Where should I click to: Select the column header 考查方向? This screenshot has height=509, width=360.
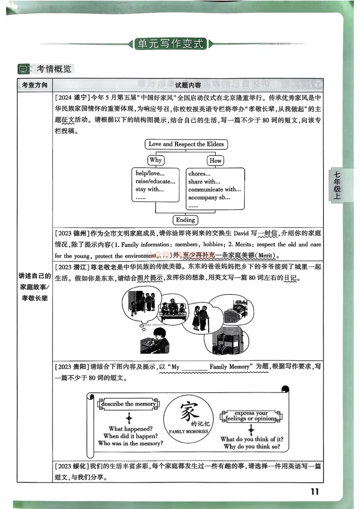point(34,85)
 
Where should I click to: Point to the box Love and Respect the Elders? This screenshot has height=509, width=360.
point(186,144)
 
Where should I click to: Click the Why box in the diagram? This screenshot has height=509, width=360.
point(155,160)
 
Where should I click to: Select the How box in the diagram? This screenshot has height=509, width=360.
point(216,160)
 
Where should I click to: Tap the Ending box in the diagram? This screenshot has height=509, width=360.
point(185,220)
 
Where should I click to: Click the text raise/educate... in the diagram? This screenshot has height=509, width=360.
point(155,182)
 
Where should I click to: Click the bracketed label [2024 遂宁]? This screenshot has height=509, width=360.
point(72,97)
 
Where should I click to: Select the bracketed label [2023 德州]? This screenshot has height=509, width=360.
point(72,233)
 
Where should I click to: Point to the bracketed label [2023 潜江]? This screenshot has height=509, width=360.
point(72,267)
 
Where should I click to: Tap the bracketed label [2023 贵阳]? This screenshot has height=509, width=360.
point(72,367)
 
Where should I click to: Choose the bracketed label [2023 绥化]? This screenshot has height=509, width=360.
point(72,466)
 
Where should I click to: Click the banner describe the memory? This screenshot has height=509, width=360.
point(128,404)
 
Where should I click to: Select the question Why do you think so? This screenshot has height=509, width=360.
point(252,446)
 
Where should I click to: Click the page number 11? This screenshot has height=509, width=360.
point(315,491)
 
